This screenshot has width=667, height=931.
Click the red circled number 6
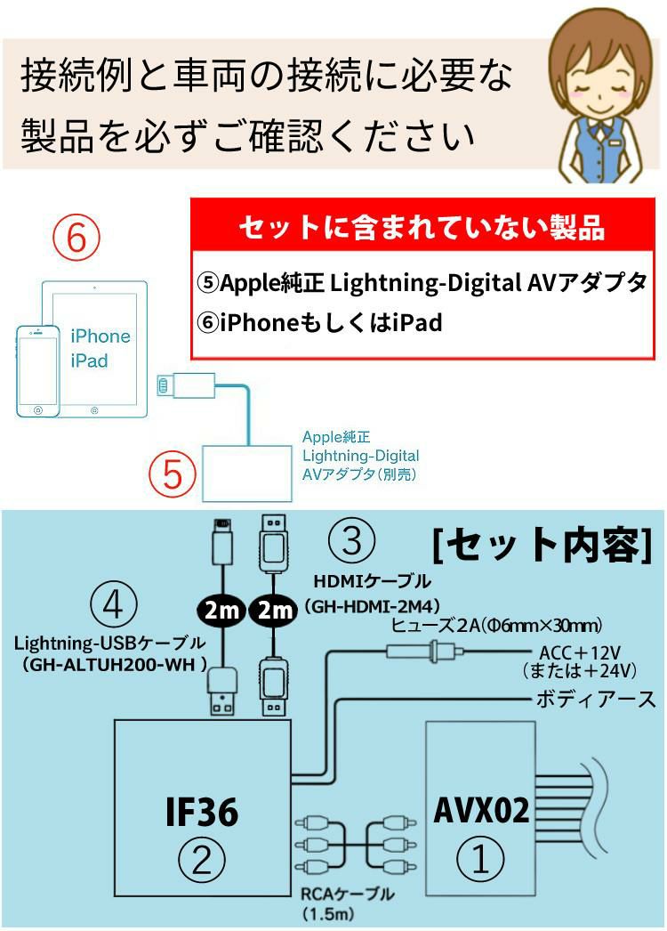tap(76, 238)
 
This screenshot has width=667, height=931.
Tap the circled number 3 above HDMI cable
tap(352, 540)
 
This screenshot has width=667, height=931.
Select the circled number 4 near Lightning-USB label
tap(113, 607)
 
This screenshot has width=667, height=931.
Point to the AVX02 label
tap(481, 810)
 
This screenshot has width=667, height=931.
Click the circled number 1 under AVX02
tap(480, 860)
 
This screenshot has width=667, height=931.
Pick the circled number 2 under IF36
tap(203, 860)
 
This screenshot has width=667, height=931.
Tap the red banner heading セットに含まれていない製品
tap(421, 228)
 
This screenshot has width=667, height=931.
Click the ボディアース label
tap(595, 699)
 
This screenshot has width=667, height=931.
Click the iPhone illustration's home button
tap(38, 409)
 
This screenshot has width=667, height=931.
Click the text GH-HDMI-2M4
tap(372, 606)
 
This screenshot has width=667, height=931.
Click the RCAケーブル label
tap(348, 895)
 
